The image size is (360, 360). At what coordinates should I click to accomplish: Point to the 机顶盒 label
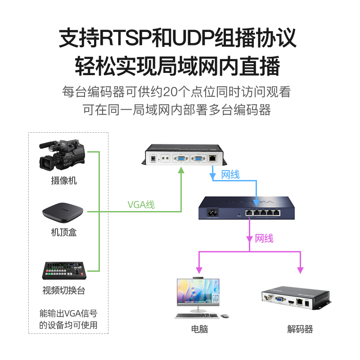click(x=64, y=233)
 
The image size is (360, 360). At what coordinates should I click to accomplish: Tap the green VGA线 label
click(x=141, y=205)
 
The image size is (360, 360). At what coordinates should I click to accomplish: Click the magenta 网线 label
click(x=264, y=238)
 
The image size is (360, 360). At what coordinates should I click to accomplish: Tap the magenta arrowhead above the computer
click(x=199, y=270)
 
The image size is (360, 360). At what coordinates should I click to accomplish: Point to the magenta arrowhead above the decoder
click(x=300, y=270)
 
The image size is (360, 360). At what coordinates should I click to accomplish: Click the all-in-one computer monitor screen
click(x=198, y=292)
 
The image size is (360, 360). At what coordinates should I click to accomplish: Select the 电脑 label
click(x=199, y=329)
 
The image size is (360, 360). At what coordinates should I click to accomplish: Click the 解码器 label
click(x=300, y=329)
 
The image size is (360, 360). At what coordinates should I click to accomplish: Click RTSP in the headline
click(x=121, y=38)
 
